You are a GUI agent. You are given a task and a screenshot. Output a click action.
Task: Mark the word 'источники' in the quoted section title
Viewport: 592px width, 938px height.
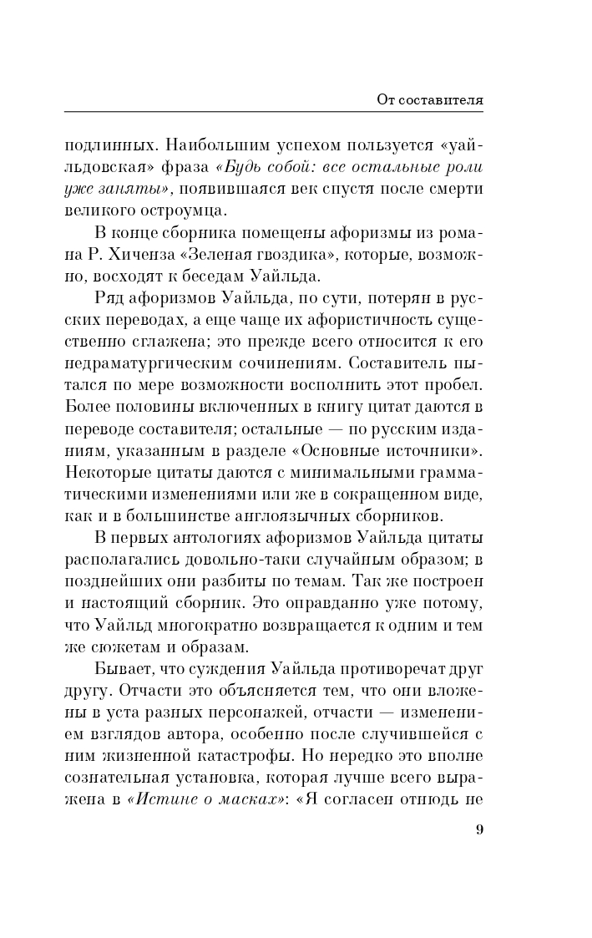430,453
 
